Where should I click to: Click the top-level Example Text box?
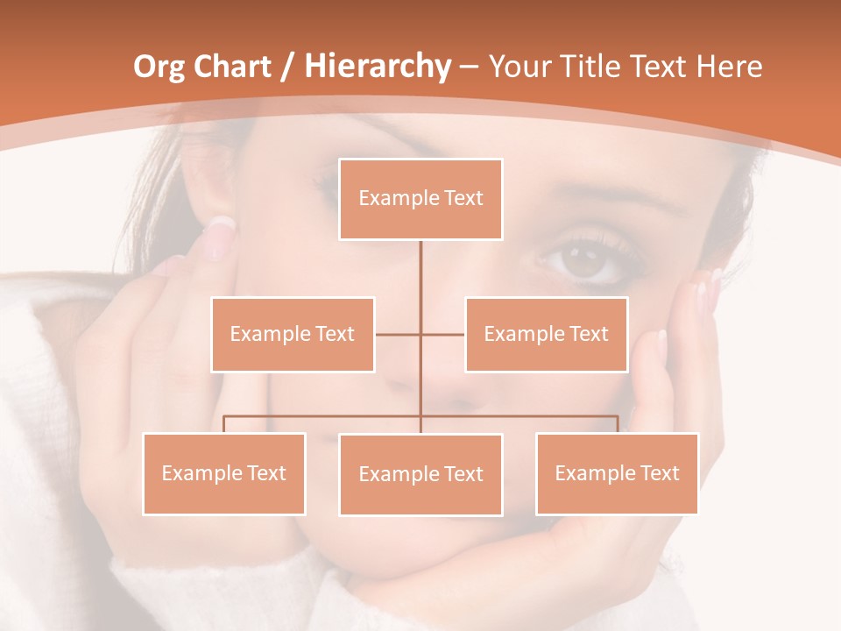pyautogui.click(x=420, y=199)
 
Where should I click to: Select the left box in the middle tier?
pyautogui.click(x=293, y=334)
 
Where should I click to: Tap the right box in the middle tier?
pyautogui.click(x=546, y=334)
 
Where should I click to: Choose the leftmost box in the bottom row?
pyautogui.click(x=223, y=473)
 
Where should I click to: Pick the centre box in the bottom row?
pyautogui.click(x=420, y=474)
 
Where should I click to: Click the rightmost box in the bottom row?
pyautogui.click(x=617, y=473)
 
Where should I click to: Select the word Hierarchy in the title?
pyautogui.click(x=377, y=67)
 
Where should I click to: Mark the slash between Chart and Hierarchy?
pyautogui.click(x=287, y=67)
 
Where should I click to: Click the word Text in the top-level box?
pyautogui.click(x=463, y=199)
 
